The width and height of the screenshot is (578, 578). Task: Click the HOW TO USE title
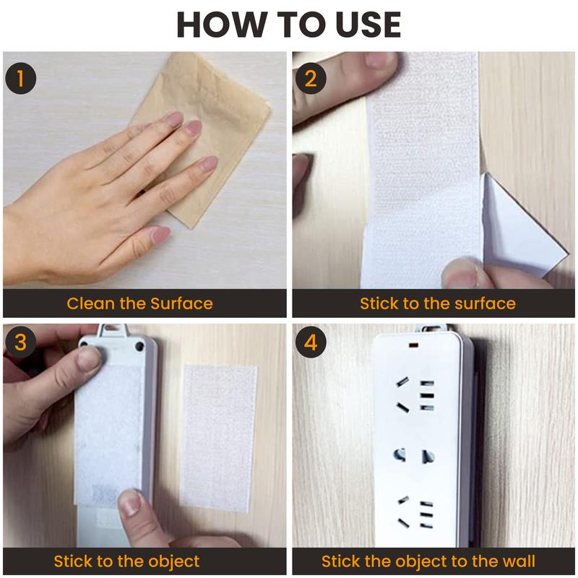click(x=289, y=25)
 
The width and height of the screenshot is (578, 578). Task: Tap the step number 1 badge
click(x=21, y=79)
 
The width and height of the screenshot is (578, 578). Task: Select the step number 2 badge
click(x=311, y=79)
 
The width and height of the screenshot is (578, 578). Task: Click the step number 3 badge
click(x=21, y=342)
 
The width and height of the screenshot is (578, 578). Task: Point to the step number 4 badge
click(x=311, y=342)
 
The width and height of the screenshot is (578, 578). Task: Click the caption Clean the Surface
click(x=139, y=303)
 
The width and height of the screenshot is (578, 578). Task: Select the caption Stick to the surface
click(x=438, y=303)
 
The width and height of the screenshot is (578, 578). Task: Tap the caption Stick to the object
click(x=126, y=561)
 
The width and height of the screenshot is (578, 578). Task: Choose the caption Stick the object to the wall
click(x=428, y=561)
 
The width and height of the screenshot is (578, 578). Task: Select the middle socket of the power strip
click(x=413, y=456)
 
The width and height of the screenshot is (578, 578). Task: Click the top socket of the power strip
click(x=413, y=394)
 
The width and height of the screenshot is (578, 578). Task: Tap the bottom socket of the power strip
click(x=413, y=513)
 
